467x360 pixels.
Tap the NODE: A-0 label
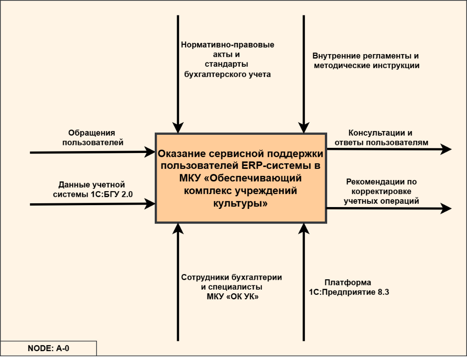point(48,348)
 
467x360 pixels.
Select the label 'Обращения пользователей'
point(93,138)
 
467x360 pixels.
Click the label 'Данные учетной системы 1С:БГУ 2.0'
point(92,190)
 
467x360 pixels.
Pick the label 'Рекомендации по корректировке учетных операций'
point(381,191)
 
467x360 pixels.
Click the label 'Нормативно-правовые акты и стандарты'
point(227,60)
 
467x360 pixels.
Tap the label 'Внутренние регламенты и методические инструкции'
point(366,61)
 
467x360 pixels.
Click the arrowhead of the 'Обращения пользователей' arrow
point(150,151)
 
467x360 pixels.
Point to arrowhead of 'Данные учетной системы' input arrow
point(150,203)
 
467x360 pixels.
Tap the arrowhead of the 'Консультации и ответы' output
point(446,149)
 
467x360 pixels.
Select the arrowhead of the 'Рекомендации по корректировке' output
point(446,208)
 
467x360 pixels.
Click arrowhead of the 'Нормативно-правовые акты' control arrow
point(178,128)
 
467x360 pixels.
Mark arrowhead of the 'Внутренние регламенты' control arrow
point(303,128)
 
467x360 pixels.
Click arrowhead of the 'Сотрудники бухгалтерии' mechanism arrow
point(178,228)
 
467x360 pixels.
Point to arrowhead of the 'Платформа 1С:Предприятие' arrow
point(303,228)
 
